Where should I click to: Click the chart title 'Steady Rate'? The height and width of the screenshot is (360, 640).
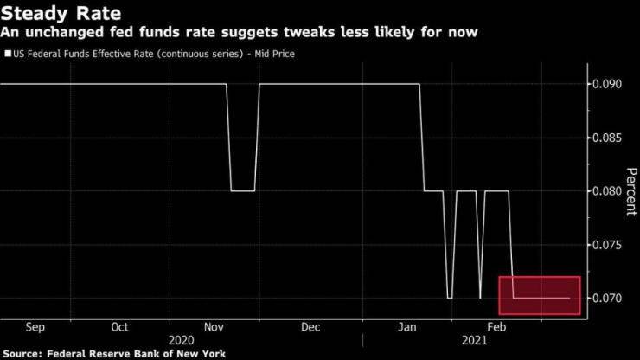61,13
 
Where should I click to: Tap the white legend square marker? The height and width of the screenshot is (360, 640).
8,55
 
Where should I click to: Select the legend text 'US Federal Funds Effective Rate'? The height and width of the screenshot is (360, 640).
83,55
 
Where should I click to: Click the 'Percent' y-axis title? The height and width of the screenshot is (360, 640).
630,191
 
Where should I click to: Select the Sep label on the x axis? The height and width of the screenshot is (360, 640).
35,327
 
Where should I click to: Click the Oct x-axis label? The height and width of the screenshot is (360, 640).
120,327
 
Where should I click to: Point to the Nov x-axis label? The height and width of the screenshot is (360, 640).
215,327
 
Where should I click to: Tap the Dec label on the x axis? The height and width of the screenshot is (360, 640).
310,327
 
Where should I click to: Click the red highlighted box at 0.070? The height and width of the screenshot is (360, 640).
540,295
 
